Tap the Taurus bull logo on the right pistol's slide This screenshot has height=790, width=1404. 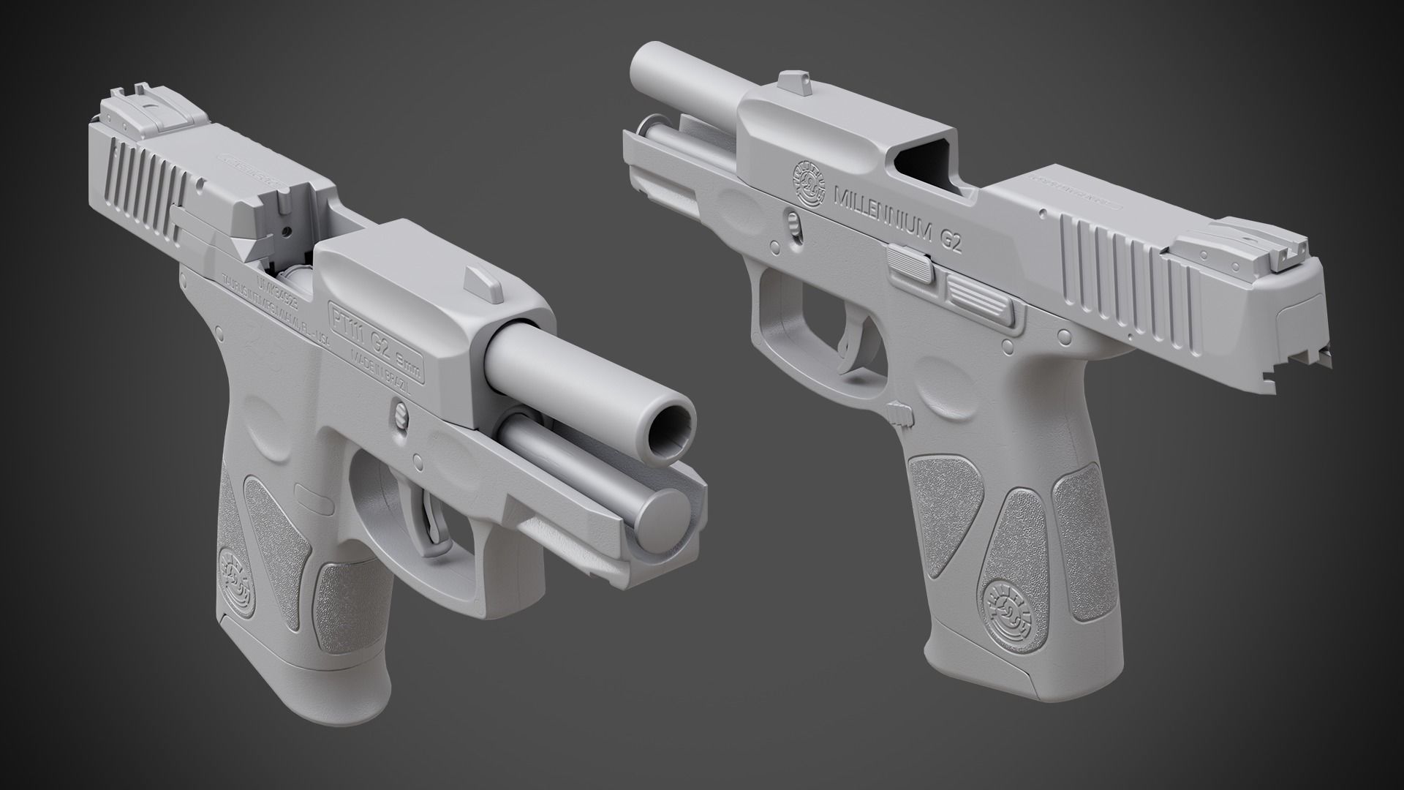[x=806, y=184]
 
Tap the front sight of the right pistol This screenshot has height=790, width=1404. [x=790, y=84]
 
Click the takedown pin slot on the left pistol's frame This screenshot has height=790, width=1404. [x=401, y=413]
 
